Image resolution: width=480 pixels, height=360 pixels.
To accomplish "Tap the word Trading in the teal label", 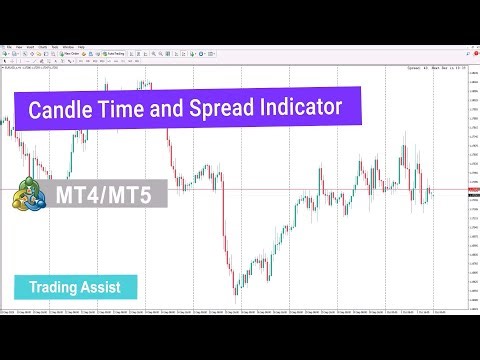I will click(54, 287).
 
